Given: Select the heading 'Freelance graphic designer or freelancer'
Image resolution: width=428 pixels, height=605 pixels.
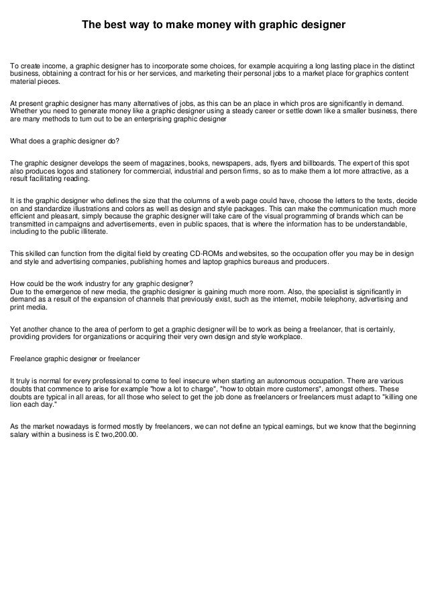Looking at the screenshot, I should click(70, 359).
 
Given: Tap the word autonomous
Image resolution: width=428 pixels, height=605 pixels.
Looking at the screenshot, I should click(286, 380).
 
